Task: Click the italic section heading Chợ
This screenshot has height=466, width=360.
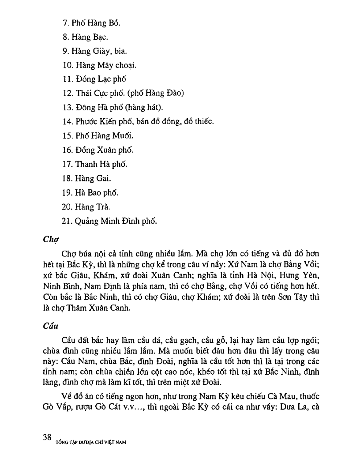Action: coord(51,240)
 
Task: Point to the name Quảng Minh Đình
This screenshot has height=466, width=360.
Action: coord(109,221)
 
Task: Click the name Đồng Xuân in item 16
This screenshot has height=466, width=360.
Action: coord(98,150)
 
